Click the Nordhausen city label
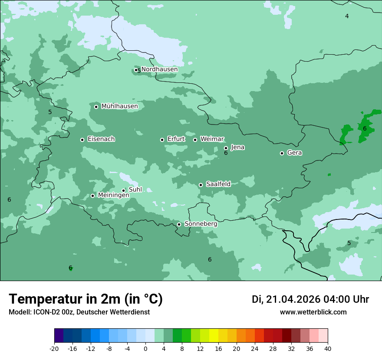[159, 69]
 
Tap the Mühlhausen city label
[119, 106]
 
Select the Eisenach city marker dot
[82, 140]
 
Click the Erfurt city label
[176, 139]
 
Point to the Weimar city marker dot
[195, 140]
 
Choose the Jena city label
[237, 147]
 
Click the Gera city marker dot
[282, 153]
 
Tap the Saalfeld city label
[218, 184]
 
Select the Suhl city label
[135, 190]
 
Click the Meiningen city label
[113, 196]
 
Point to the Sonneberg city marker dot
[179, 224]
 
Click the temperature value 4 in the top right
[347, 16]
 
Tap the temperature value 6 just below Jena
[226, 153]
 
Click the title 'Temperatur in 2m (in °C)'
[86, 299]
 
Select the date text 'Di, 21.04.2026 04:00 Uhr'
[310, 299]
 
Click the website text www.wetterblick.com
[313, 312]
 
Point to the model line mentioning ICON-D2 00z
[79, 312]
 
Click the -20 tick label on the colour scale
[54, 349]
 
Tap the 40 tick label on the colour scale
[328, 349]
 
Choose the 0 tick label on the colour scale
[145, 349]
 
